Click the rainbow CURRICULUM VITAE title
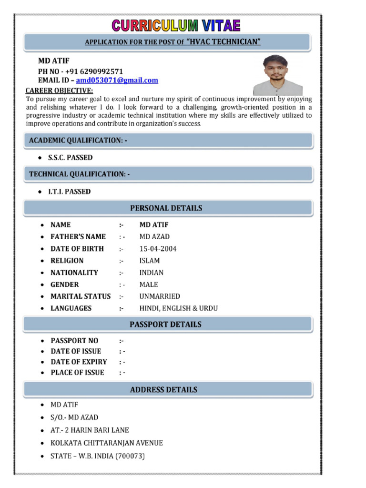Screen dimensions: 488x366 coord(176,25)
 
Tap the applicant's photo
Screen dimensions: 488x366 coord(277,75)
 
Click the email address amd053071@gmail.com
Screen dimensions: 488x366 coord(117,80)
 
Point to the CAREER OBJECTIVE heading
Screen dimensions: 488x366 coord(59,91)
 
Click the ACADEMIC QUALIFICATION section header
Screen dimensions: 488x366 coord(78,140)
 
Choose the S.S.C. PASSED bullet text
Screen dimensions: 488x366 coord(70,157)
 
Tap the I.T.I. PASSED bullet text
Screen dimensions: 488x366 coord(69,192)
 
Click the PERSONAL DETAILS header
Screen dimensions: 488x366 coord(166,208)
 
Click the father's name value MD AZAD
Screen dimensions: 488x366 coord(154,237)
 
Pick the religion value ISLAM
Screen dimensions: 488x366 coord(150,261)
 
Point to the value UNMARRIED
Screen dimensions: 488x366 coord(160,296)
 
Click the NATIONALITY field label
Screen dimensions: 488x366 coord(74,273)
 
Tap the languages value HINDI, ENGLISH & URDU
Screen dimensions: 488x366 coord(178,308)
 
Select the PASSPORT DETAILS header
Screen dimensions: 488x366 coord(165,325)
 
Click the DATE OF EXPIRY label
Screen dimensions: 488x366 coord(79,362)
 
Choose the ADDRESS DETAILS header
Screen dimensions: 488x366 coord(163,390)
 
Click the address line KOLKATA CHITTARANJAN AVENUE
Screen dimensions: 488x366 coord(107,443)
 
